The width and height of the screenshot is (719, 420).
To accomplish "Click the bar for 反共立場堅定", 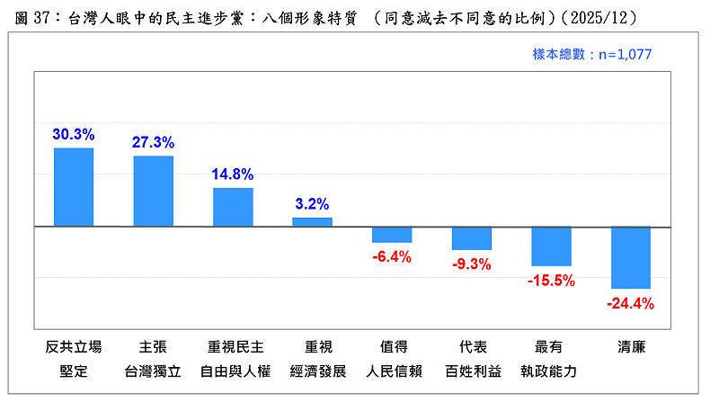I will click(74, 187).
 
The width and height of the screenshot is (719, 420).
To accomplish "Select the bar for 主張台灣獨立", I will click(154, 191).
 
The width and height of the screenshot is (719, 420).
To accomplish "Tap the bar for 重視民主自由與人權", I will click(233, 207).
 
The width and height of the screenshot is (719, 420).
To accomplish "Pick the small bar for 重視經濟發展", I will click(312, 221).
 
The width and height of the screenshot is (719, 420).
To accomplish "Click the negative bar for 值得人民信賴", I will click(392, 235).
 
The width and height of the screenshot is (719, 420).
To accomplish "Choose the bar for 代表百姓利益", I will click(472, 238).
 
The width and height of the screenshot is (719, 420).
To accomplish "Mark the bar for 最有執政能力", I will click(551, 246).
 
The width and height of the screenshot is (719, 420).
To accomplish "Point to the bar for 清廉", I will click(631, 257).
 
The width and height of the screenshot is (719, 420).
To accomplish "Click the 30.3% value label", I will click(74, 134).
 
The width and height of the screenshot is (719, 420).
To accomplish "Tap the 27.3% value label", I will click(154, 142).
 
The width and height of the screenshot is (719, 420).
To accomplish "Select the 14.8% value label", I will click(233, 174).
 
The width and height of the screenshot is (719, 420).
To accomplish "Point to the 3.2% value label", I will click(312, 204).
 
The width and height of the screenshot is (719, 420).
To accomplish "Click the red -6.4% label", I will click(392, 257).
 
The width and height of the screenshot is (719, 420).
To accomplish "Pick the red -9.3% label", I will click(472, 264).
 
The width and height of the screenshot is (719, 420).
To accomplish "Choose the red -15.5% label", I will click(551, 281).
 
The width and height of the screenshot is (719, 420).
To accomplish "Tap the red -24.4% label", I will click(631, 304).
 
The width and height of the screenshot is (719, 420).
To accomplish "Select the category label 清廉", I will click(631, 346).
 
